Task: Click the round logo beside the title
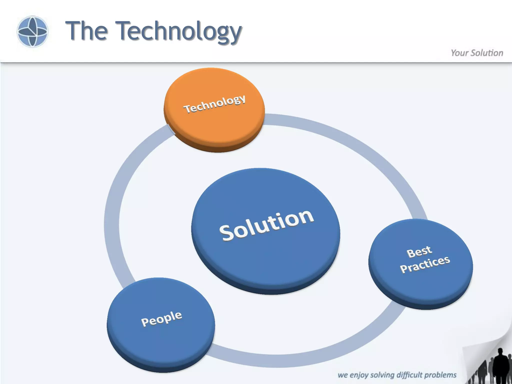[32, 31]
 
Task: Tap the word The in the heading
[86, 31]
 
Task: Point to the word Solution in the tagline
[487, 53]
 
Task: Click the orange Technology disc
[214, 120]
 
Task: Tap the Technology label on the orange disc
[214, 104]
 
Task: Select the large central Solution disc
[265, 257]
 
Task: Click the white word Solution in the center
[266, 225]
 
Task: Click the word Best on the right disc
[419, 252]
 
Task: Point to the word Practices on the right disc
[425, 264]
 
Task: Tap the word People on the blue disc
[161, 318]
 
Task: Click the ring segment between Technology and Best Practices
[355, 145]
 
